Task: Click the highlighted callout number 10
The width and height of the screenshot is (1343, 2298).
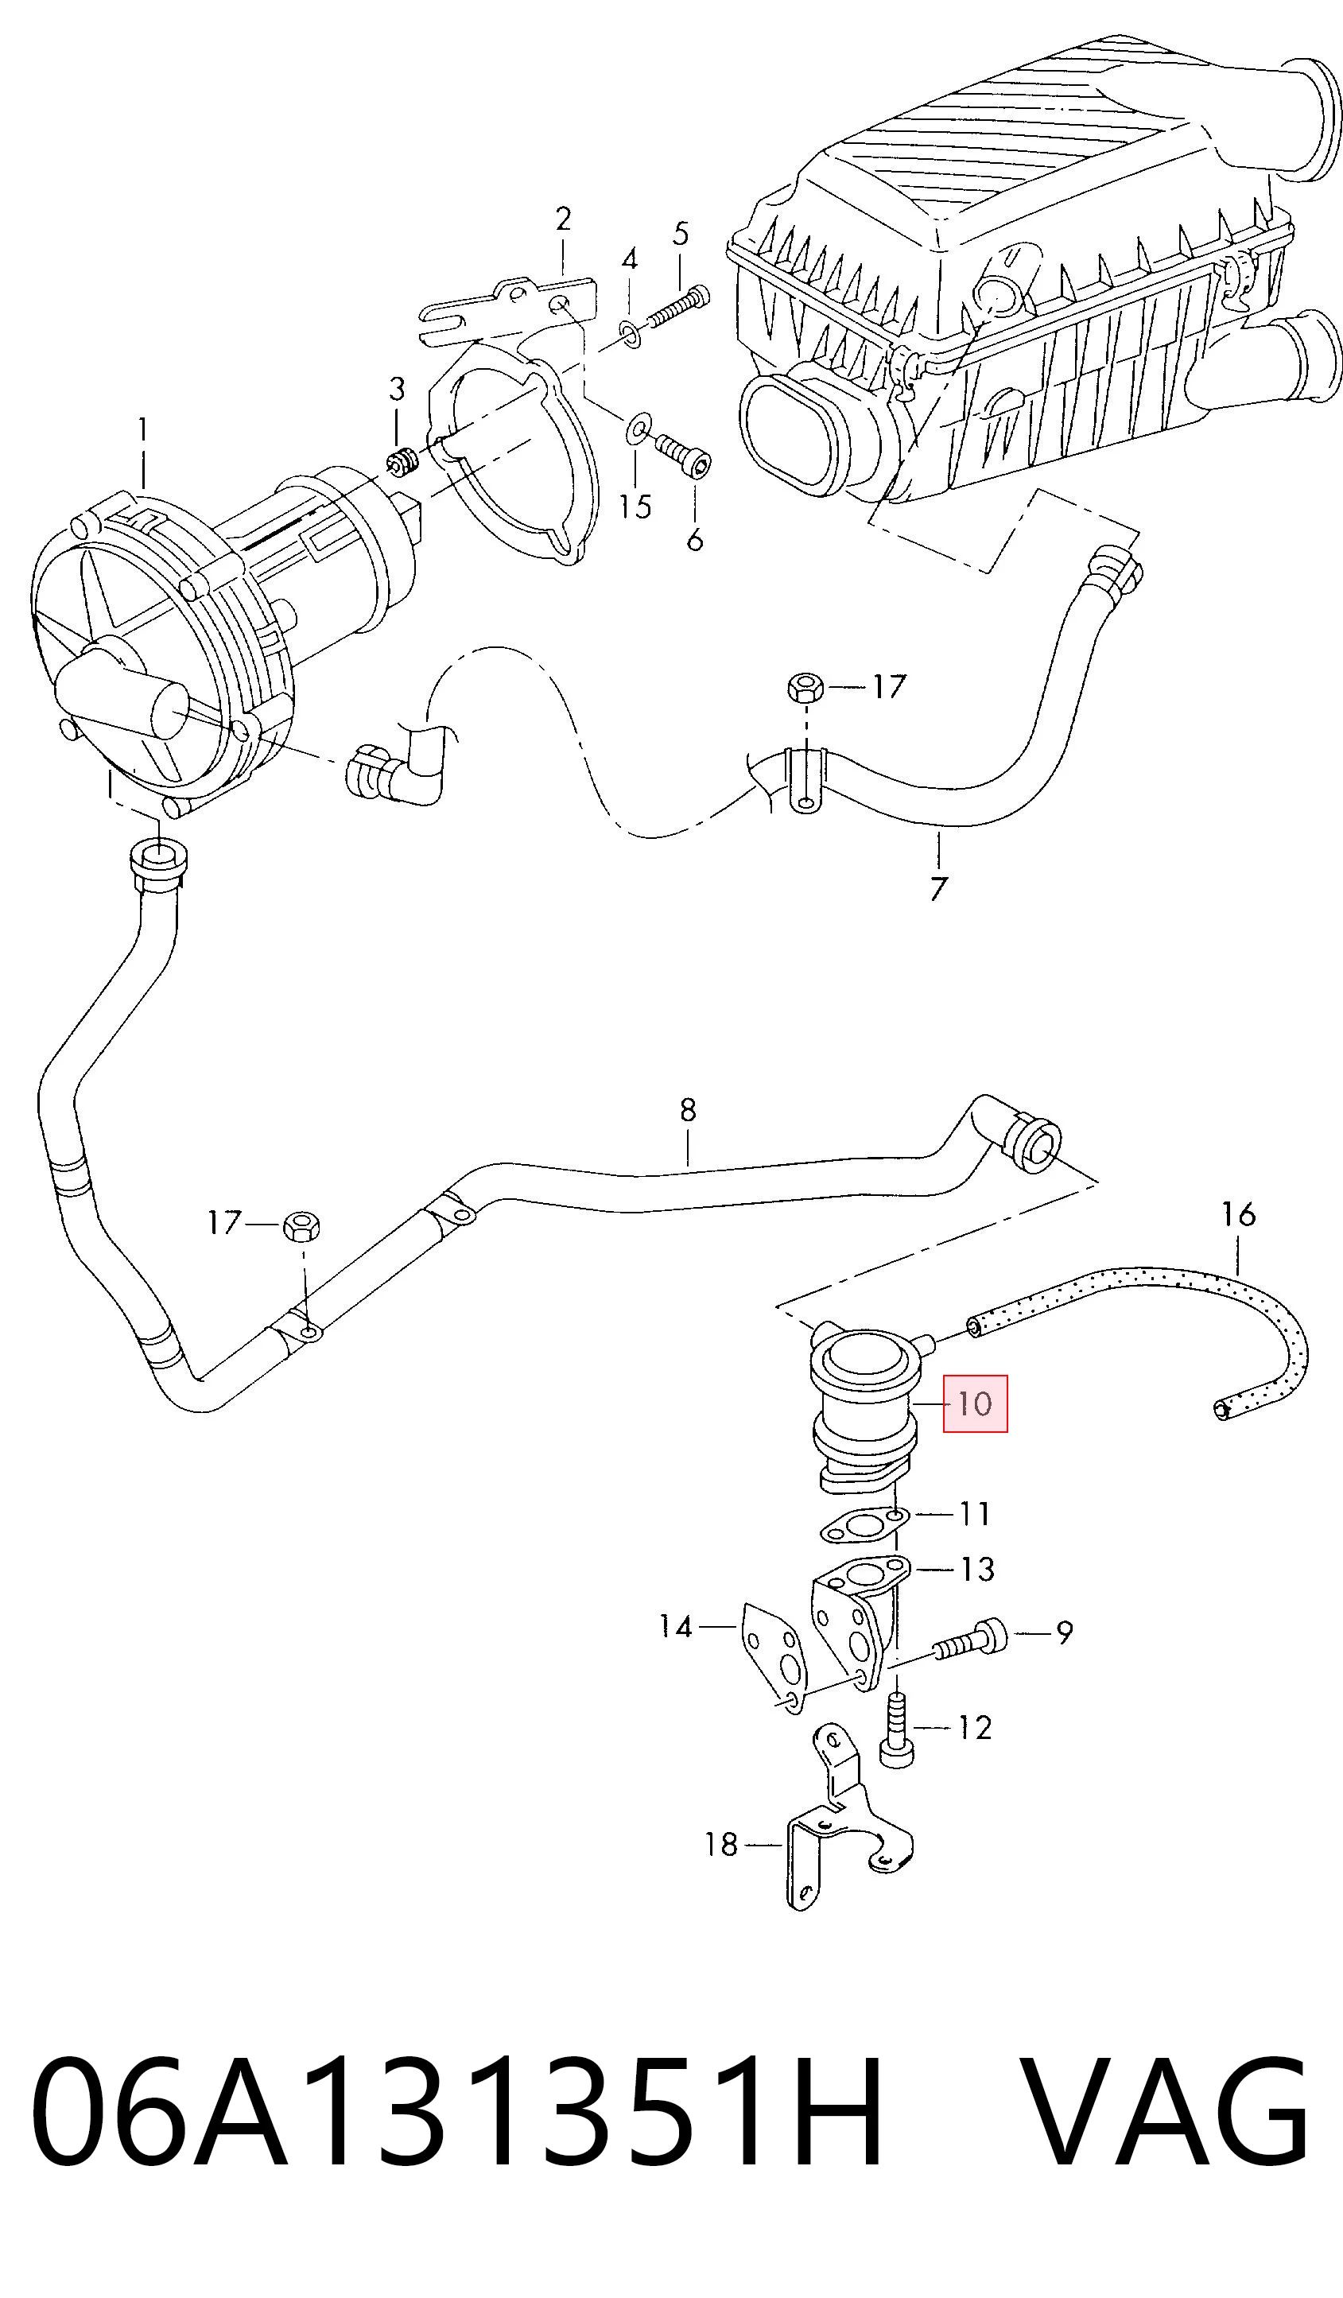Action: pos(975,1403)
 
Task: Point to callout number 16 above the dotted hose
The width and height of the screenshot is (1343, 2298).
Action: pos(1239,1213)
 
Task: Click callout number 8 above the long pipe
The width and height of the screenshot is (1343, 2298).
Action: pos(688,1110)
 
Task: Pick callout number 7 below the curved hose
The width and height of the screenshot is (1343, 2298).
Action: pos(938,887)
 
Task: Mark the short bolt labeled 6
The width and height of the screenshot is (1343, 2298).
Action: pos(682,455)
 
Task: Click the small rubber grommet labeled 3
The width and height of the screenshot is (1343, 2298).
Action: pos(400,462)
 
